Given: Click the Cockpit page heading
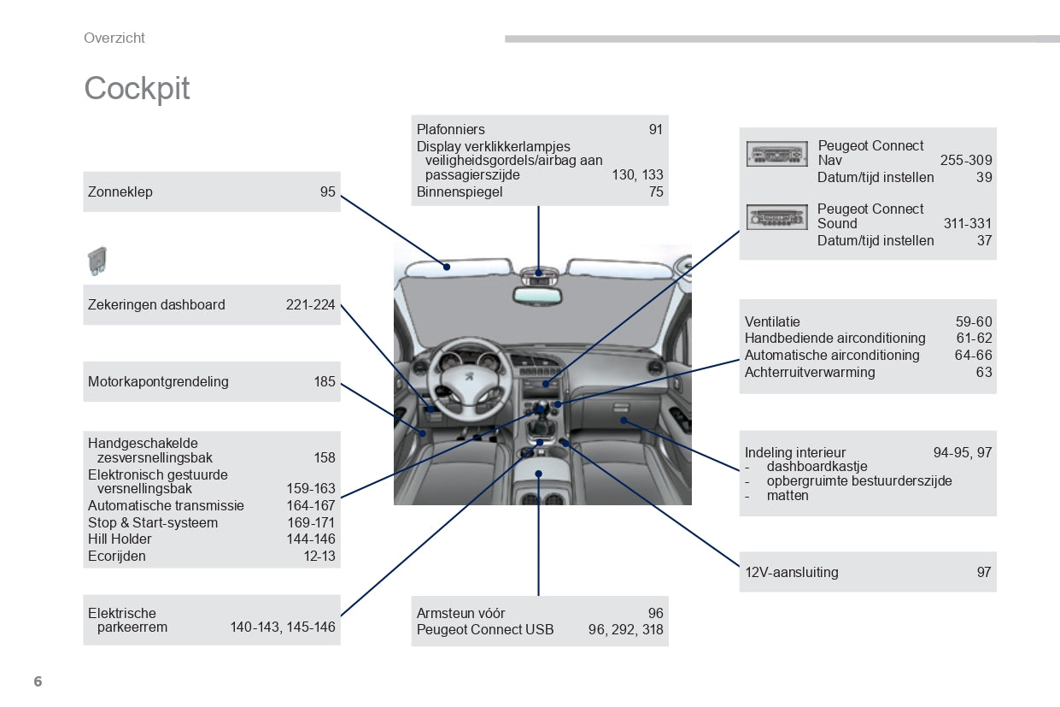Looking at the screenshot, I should point(137,89).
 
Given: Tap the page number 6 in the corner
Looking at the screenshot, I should point(37,681).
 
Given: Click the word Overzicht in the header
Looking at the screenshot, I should point(114,38).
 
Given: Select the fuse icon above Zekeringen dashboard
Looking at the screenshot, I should point(97,261).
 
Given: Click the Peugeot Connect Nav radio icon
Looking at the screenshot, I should point(776,154).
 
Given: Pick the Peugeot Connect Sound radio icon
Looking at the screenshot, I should point(776,217).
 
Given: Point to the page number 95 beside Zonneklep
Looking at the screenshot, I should point(328,191).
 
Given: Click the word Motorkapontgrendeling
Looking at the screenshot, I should point(158,381).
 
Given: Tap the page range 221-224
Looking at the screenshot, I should point(310,304).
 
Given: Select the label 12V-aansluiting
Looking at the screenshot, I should point(791,572).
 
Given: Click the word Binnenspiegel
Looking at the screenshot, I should point(460,191).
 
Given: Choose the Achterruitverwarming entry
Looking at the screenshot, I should point(810,372).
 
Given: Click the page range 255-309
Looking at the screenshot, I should point(966,160).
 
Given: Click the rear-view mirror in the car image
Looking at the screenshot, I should point(537,296).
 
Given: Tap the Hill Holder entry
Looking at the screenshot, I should point(120,539).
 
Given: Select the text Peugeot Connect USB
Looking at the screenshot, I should point(485,629).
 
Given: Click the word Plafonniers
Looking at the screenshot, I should point(450,129).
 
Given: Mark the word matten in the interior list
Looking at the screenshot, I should point(788,495).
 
